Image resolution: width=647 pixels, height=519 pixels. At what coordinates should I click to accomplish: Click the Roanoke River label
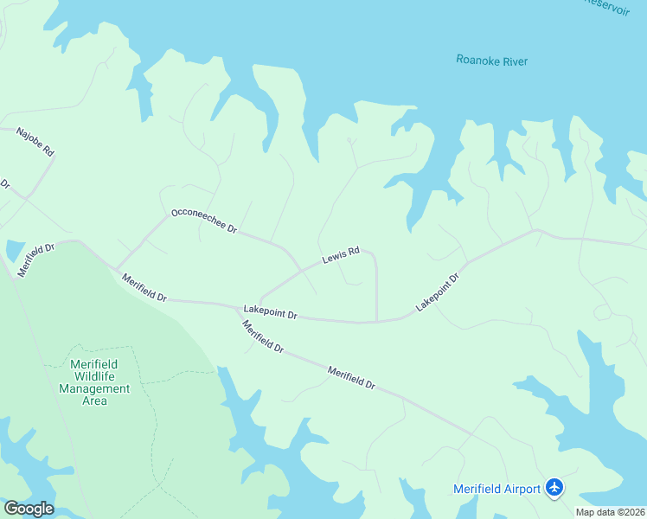[491, 61]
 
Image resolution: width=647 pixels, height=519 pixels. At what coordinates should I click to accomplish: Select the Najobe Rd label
[35, 142]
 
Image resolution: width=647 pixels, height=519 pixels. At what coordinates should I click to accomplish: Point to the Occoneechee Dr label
[204, 220]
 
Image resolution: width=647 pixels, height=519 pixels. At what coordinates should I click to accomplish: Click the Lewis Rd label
[340, 257]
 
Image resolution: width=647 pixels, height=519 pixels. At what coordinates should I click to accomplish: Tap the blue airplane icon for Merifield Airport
[554, 489]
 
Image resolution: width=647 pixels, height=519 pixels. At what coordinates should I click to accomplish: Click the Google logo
[28, 509]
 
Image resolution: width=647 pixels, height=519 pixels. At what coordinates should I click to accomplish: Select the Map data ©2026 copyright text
[610, 512]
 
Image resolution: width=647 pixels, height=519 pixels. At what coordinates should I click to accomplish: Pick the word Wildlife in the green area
[100, 376]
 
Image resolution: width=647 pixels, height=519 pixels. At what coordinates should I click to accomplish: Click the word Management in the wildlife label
[94, 388]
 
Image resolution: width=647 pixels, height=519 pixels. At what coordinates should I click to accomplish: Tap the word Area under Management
[94, 400]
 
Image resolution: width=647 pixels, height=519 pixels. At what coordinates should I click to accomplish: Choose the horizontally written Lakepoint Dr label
[270, 311]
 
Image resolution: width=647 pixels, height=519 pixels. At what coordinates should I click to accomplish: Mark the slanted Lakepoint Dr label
[437, 292]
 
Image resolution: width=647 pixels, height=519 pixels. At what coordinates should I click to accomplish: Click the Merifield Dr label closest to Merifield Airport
[351, 377]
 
